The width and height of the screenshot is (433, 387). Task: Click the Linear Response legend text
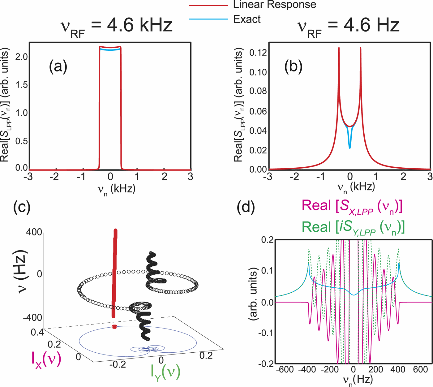coord(274,4)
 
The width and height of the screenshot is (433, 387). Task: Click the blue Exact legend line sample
coord(208,19)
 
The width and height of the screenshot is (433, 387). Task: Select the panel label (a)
coord(58,67)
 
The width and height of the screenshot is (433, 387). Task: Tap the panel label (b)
coord(293,67)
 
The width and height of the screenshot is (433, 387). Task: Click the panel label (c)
coord(22,207)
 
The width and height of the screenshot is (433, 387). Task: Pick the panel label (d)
coord(246,207)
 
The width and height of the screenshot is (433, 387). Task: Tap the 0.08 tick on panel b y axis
coord(258,91)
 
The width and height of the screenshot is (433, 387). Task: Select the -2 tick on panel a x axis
coord(55,177)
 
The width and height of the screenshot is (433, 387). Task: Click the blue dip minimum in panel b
coord(350,147)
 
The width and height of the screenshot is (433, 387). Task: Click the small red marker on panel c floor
coord(114,327)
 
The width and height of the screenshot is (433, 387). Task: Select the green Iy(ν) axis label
coord(165,372)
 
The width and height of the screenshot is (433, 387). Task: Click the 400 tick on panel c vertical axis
coord(34,232)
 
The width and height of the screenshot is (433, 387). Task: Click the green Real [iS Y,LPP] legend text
coord(353,228)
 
